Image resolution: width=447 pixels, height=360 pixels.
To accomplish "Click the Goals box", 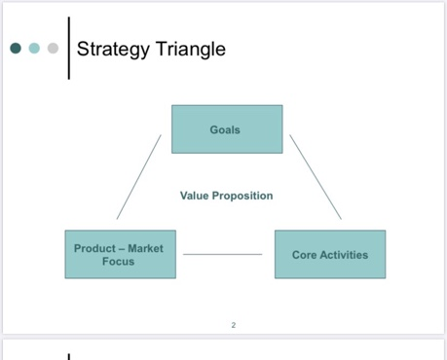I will (x=227, y=129).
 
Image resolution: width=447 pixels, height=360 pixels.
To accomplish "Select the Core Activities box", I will (x=329, y=255).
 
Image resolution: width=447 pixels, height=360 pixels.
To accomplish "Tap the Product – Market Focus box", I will (x=119, y=255).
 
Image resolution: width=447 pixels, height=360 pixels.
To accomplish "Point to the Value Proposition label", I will (x=226, y=196).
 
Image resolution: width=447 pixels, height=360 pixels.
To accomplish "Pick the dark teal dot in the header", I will (x=16, y=48).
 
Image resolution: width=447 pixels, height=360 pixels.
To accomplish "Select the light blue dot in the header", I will (x=34, y=48).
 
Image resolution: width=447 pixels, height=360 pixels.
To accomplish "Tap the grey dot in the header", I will (x=53, y=48).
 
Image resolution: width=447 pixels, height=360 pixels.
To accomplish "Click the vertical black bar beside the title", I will (x=69, y=47).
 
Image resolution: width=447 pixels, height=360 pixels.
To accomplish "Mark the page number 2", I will (x=234, y=324).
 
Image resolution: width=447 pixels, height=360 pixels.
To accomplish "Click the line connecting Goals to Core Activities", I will (x=316, y=177).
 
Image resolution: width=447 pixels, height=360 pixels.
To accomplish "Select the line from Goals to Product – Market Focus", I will (x=138, y=177).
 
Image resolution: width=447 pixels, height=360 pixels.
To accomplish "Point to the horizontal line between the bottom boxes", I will (x=222, y=255).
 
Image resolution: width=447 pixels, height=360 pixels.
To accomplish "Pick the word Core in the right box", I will (x=304, y=255).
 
